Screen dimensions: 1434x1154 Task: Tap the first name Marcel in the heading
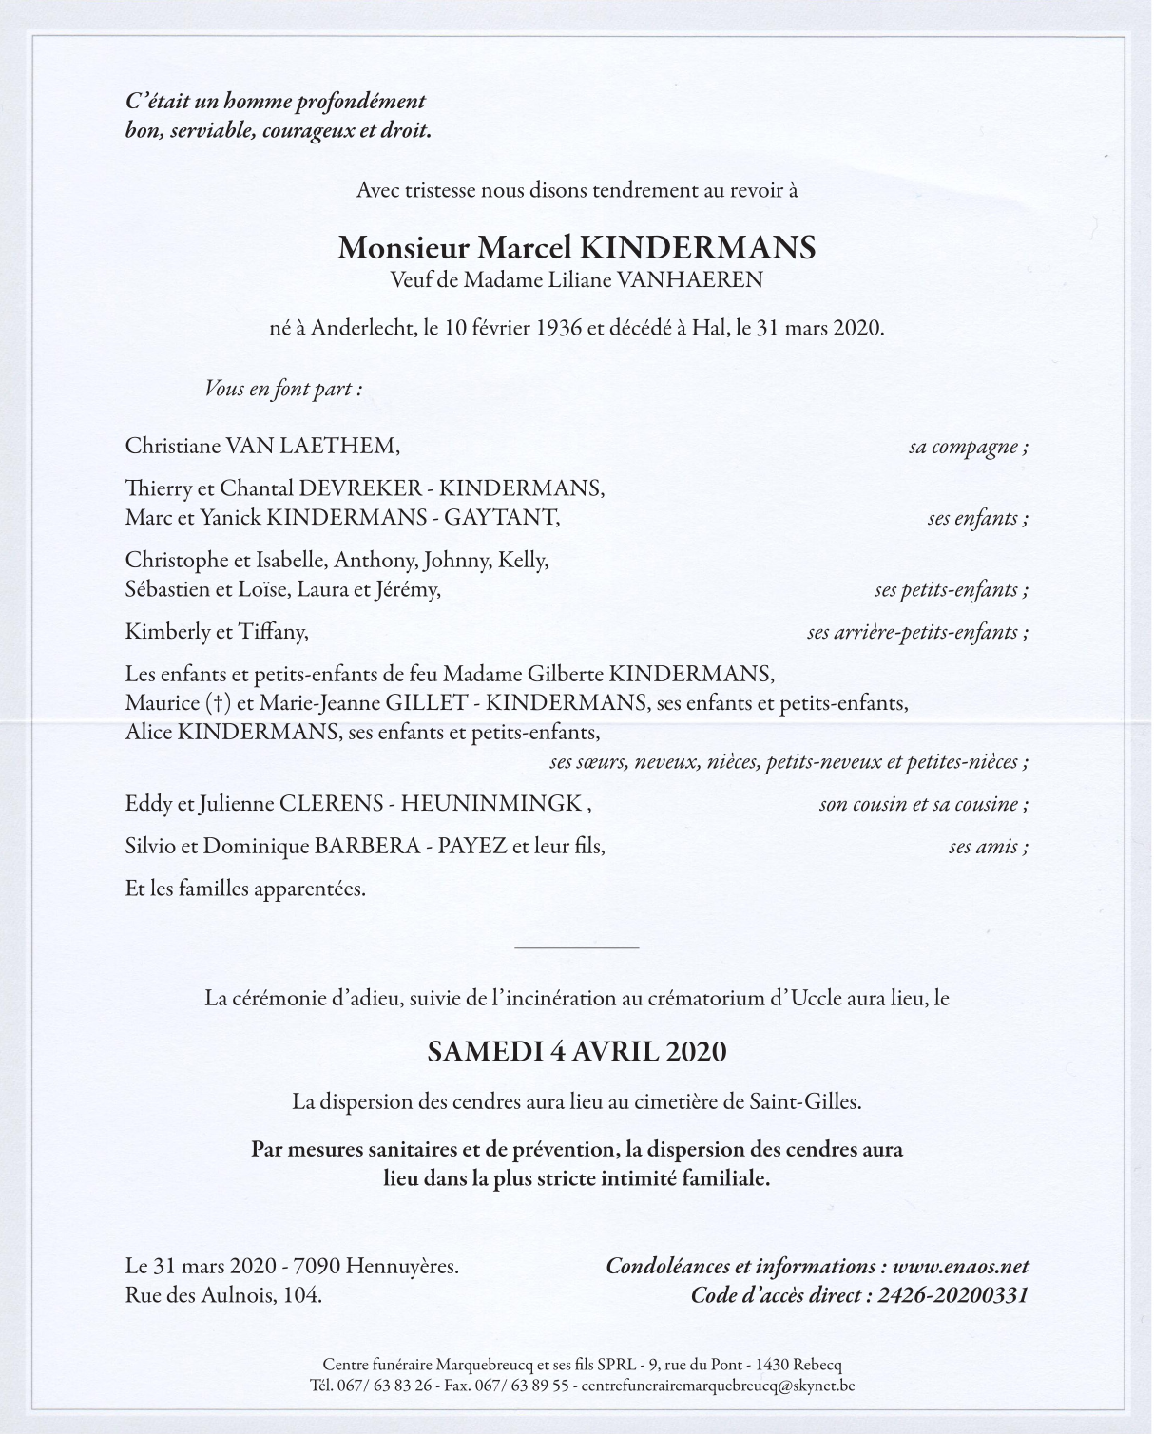click(x=524, y=248)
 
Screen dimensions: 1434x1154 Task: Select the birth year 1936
click(x=559, y=329)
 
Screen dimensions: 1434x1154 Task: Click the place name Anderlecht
click(x=363, y=329)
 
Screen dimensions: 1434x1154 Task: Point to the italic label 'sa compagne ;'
click(x=968, y=447)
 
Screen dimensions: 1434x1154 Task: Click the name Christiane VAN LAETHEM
click(x=262, y=446)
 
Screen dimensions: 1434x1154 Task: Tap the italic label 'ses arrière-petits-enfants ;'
click(x=917, y=632)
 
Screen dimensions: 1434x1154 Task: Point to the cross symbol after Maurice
click(x=219, y=704)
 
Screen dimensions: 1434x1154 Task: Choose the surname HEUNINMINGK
click(x=490, y=804)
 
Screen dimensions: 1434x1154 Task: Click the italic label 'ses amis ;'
click(x=988, y=847)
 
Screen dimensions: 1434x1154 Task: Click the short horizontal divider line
click(x=576, y=947)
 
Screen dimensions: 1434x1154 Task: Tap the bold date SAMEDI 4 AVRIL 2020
click(x=576, y=1052)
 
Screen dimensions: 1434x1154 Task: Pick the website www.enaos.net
click(x=960, y=1267)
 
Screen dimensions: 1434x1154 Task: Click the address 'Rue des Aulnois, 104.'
click(x=223, y=1295)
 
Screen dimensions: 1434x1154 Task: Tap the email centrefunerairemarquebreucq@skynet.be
click(x=718, y=1386)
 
